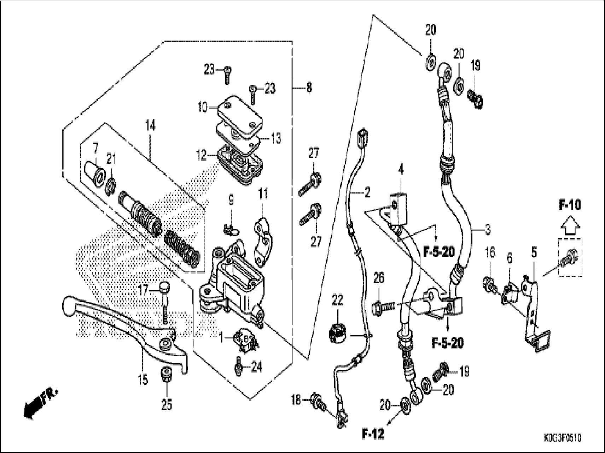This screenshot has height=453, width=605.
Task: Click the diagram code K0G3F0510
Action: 562,438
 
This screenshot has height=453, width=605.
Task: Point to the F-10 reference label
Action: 570,205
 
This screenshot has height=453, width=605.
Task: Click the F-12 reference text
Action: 373,434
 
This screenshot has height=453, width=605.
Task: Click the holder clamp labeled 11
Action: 263,237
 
